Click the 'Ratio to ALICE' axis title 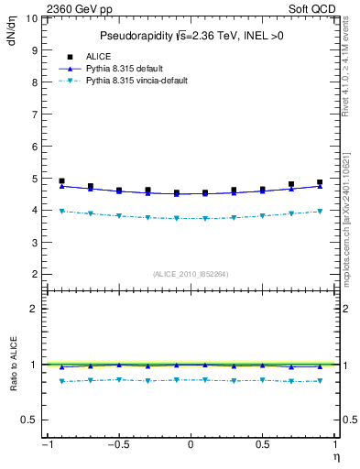[x=12, y=365]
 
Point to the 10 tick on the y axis [x=30, y=17]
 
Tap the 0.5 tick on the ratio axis [x=28, y=420]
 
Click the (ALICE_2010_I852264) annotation [x=190, y=274]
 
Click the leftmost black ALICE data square [x=61, y=181]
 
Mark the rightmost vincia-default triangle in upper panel [x=320, y=212]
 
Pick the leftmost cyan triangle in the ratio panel [x=61, y=381]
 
